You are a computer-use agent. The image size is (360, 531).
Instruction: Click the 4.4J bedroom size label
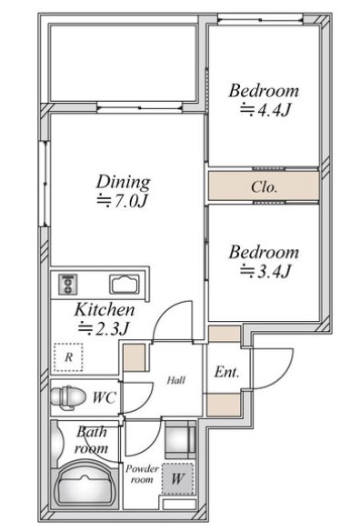tap(265, 110)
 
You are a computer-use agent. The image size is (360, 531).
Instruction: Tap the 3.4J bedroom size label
tap(265, 271)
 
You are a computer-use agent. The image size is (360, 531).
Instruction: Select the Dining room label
tap(124, 182)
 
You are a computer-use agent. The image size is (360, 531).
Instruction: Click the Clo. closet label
tap(264, 186)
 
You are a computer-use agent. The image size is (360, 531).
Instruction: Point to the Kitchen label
tap(105, 309)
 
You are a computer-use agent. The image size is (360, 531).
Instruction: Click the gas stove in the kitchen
tap(68, 284)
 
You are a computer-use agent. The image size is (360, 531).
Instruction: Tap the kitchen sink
tap(125, 284)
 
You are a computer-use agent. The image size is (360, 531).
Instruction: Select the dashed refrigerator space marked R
tap(68, 357)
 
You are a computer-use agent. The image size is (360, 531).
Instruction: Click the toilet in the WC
tap(68, 397)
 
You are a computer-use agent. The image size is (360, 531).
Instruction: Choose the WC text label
tap(105, 397)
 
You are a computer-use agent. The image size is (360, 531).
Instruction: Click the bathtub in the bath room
tap(85, 485)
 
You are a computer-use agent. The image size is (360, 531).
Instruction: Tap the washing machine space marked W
tap(178, 479)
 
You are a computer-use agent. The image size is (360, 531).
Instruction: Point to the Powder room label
tap(142, 474)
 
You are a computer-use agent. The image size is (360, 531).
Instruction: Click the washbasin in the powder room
tap(180, 439)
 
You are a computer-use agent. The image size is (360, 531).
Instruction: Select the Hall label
tap(176, 380)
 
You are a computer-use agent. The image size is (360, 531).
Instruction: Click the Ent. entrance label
tap(226, 372)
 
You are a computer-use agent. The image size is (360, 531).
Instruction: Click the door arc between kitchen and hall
tap(166, 312)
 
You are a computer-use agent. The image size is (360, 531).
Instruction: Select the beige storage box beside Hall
tap(135, 357)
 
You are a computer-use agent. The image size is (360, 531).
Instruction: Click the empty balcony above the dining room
tap(124, 63)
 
